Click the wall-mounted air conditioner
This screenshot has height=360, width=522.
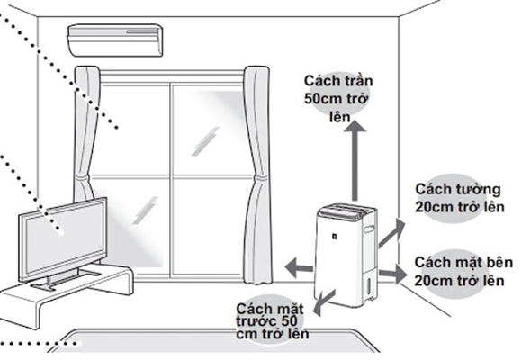(x=115, y=40)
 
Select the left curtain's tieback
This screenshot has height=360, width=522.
(x=83, y=178)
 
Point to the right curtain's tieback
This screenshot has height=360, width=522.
(x=260, y=178)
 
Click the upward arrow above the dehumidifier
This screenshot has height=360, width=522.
(x=355, y=161)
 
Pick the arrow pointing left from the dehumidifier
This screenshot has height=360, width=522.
(x=299, y=267)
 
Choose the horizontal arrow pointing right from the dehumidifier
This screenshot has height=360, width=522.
(x=393, y=274)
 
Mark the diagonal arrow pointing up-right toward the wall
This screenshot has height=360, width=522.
(x=391, y=234)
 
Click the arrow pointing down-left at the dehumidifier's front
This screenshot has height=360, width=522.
(x=324, y=302)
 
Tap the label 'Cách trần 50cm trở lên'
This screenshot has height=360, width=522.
(x=338, y=99)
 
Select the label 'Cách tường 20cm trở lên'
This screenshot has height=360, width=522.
(x=459, y=198)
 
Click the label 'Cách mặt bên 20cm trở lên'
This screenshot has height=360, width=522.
(x=463, y=272)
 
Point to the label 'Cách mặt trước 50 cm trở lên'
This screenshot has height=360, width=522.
(x=273, y=321)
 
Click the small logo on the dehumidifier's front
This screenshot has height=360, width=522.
(x=334, y=236)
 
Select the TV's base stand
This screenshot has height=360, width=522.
(x=65, y=279)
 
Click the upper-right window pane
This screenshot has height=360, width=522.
(x=211, y=130)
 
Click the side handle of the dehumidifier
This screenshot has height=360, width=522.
(x=369, y=229)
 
